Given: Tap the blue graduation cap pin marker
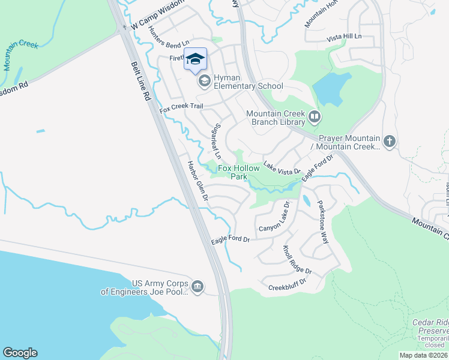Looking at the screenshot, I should tap(195, 59).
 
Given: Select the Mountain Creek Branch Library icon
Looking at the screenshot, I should tap(315, 116).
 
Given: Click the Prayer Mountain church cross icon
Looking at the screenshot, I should tap(390, 142).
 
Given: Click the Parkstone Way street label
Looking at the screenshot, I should tap(323, 221).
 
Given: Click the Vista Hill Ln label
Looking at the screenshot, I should tap(345, 38).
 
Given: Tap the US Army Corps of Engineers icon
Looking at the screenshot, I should tap(198, 285).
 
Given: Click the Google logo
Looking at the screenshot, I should tap(20, 353).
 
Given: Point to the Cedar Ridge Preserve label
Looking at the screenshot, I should tap(430, 326).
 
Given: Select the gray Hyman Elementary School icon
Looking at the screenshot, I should tap(204, 80).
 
